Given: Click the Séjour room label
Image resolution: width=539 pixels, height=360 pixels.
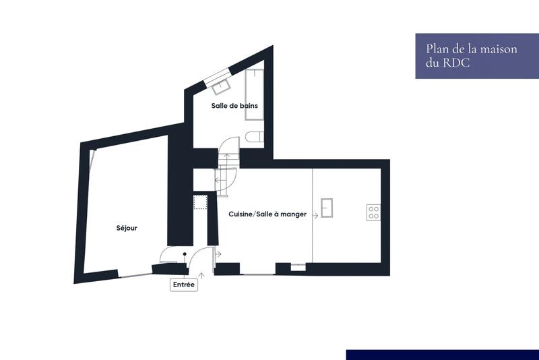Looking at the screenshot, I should [x=127, y=229].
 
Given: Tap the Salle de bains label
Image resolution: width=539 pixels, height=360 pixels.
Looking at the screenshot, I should [x=234, y=106].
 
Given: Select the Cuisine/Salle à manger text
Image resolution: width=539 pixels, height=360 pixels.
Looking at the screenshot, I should [x=267, y=214].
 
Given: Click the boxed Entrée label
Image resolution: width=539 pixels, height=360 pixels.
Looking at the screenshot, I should [x=184, y=285].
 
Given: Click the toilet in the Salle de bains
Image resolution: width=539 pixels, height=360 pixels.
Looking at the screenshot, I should [x=253, y=138].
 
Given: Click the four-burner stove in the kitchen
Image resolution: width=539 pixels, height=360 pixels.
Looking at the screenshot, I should [x=373, y=212].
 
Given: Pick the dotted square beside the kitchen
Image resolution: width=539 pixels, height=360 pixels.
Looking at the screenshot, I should [x=200, y=203].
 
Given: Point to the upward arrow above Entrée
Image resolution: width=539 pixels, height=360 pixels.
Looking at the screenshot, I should [x=201, y=275].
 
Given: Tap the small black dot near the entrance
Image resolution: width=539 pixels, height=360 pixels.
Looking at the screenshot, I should [x=185, y=254].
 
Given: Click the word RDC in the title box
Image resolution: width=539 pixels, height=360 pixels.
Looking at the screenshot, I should [x=457, y=63].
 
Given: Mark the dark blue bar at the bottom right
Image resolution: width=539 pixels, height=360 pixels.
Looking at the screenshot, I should [x=442, y=355].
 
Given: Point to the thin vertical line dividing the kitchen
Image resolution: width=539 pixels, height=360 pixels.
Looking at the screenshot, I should [x=312, y=216].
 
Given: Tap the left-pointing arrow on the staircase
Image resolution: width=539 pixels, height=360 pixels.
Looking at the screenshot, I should [x=219, y=180].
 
